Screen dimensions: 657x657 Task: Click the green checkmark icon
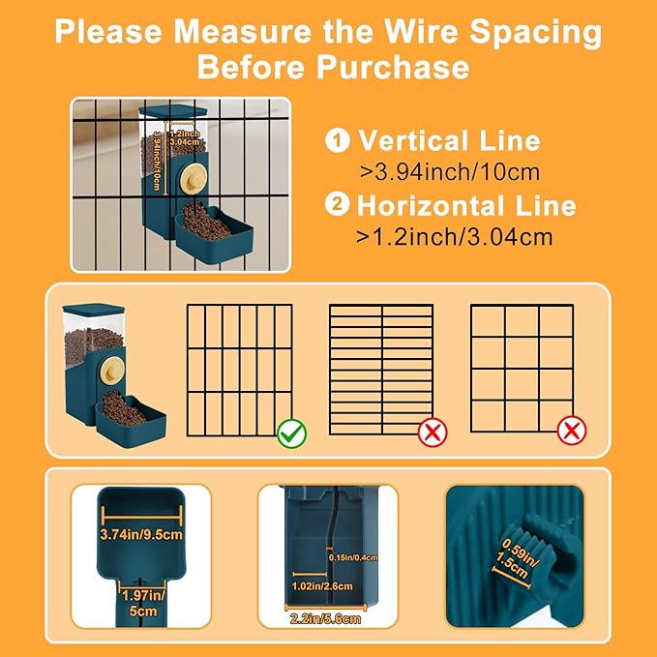pos(291,433)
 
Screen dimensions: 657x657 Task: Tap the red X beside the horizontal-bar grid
pos(433,433)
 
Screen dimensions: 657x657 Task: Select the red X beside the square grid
pos(572,431)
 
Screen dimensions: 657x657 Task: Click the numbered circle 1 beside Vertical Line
pos(338,140)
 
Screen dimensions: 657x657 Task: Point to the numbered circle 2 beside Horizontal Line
pos(338,204)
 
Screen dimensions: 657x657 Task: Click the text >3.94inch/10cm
pos(450,172)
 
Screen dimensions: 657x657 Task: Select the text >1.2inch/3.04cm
pos(454,237)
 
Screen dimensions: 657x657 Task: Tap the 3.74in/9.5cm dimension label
pos(141,535)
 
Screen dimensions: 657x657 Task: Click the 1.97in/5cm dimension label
pos(143,603)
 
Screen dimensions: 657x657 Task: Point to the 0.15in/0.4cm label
pos(353,557)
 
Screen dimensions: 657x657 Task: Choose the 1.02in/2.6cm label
pos(322,586)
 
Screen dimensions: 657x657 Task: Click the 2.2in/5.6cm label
pos(325,619)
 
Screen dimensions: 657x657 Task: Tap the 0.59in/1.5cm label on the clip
pos(517,558)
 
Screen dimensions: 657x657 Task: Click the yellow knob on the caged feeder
pos(194,179)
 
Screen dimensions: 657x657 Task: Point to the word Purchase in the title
pos(393,67)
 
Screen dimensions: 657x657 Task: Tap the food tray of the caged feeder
pos(214,237)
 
